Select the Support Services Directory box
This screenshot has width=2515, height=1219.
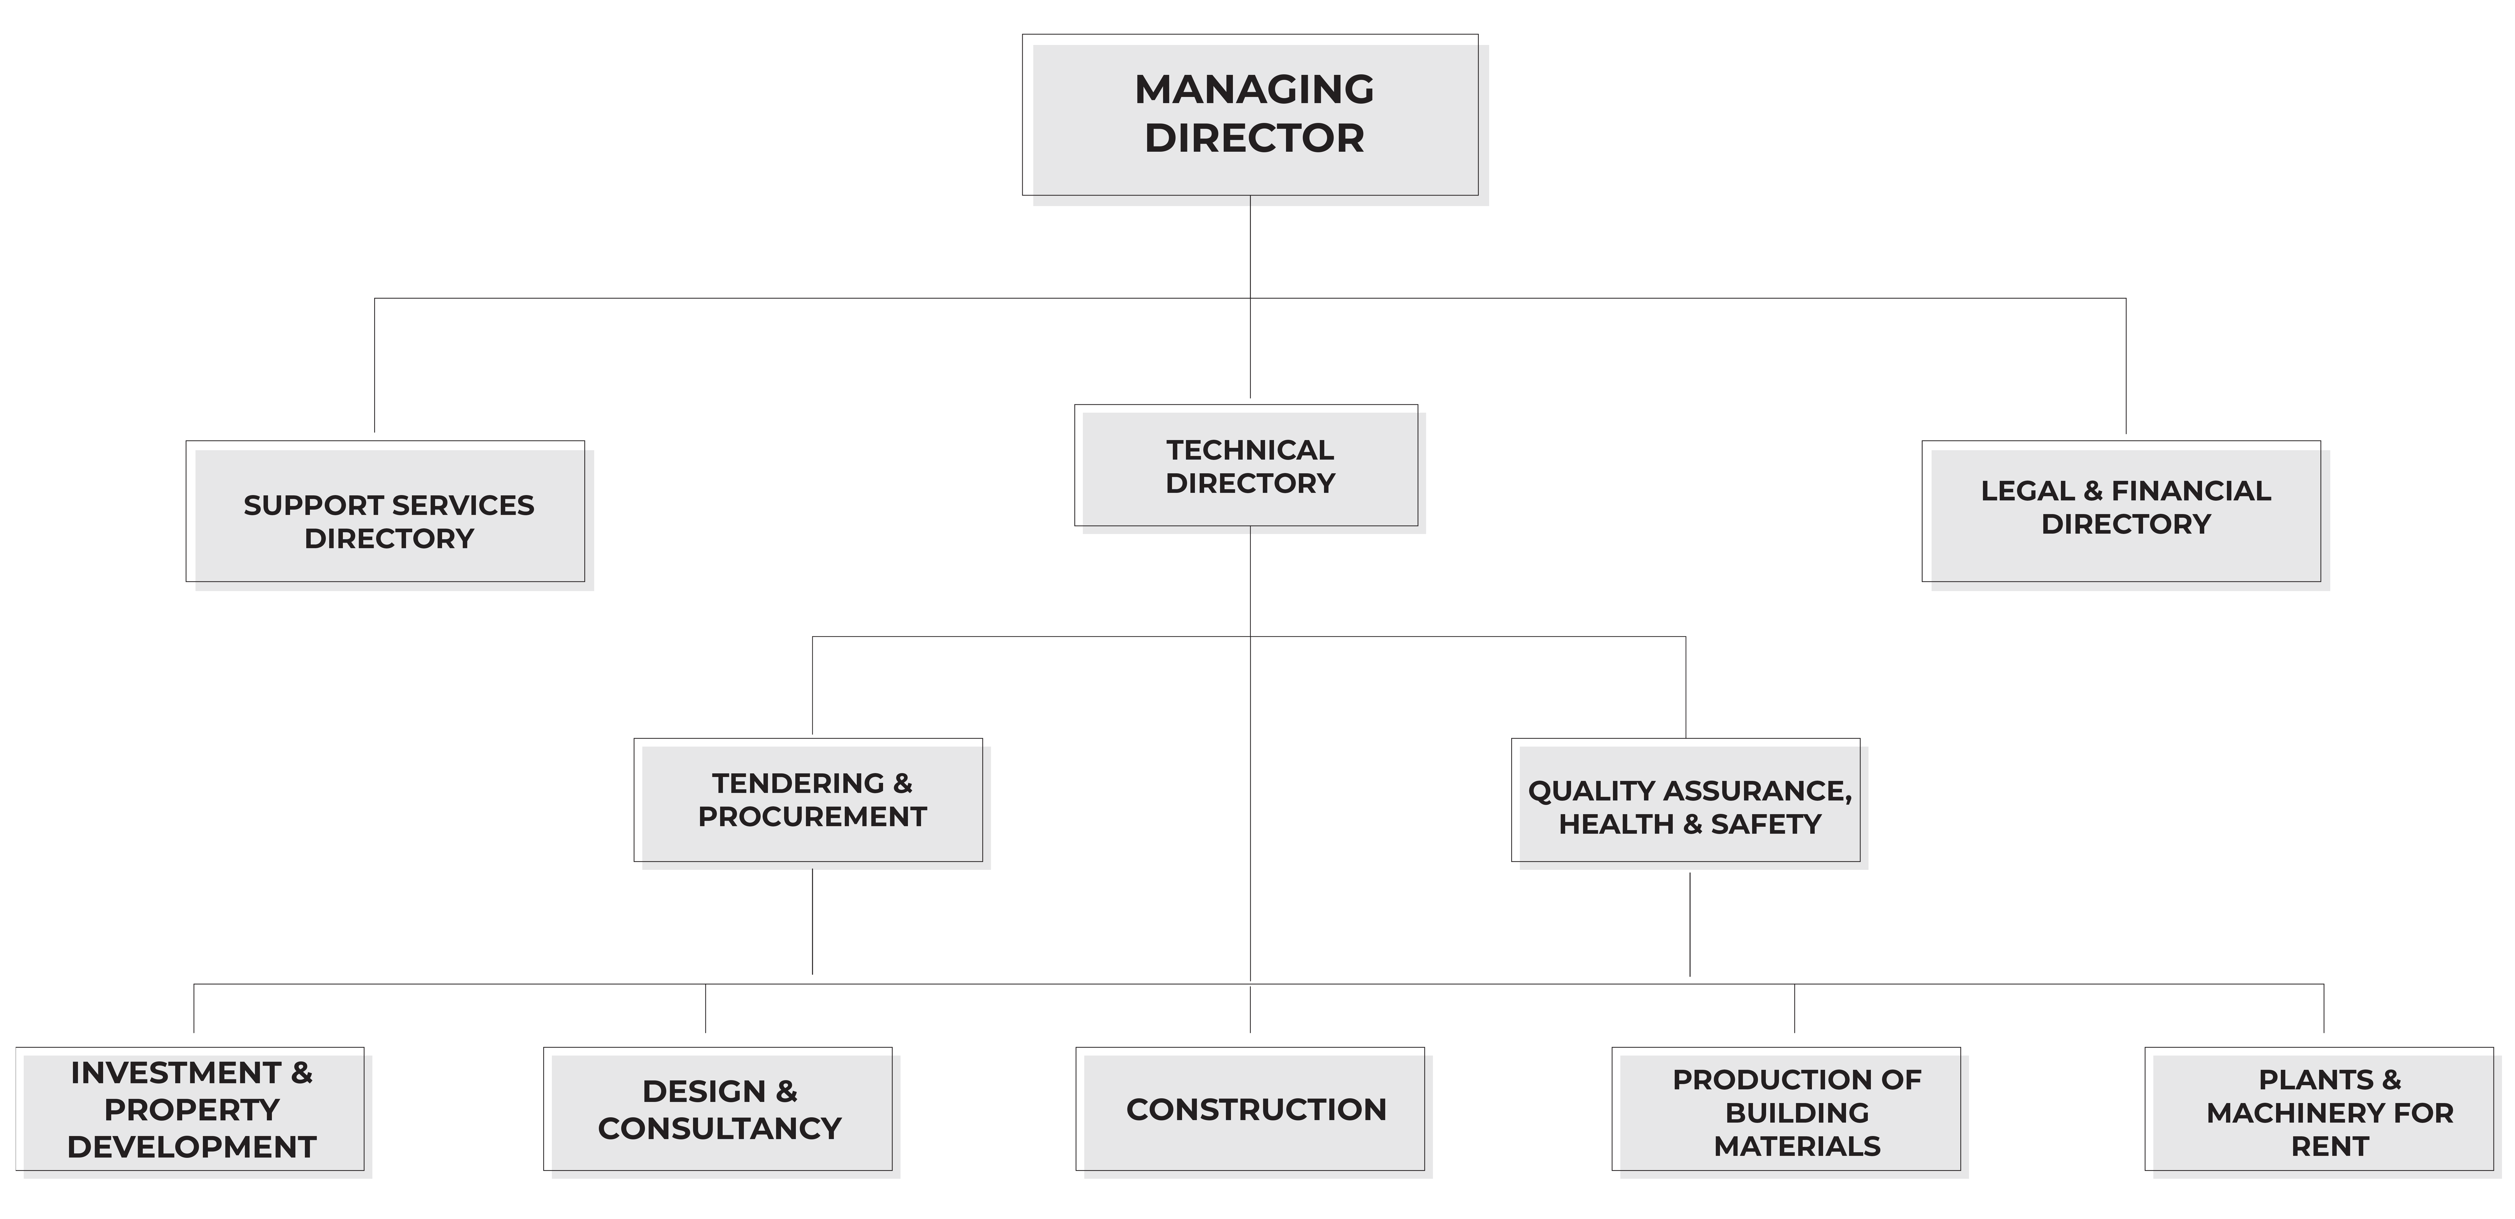(x=390, y=515)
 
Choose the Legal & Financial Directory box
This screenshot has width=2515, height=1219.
(x=2125, y=515)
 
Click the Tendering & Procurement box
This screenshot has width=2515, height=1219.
(x=812, y=803)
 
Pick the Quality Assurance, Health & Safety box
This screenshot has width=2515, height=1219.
(x=1689, y=803)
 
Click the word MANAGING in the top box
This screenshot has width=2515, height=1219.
(x=1255, y=90)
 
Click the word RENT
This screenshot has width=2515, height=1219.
(x=2331, y=1147)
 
